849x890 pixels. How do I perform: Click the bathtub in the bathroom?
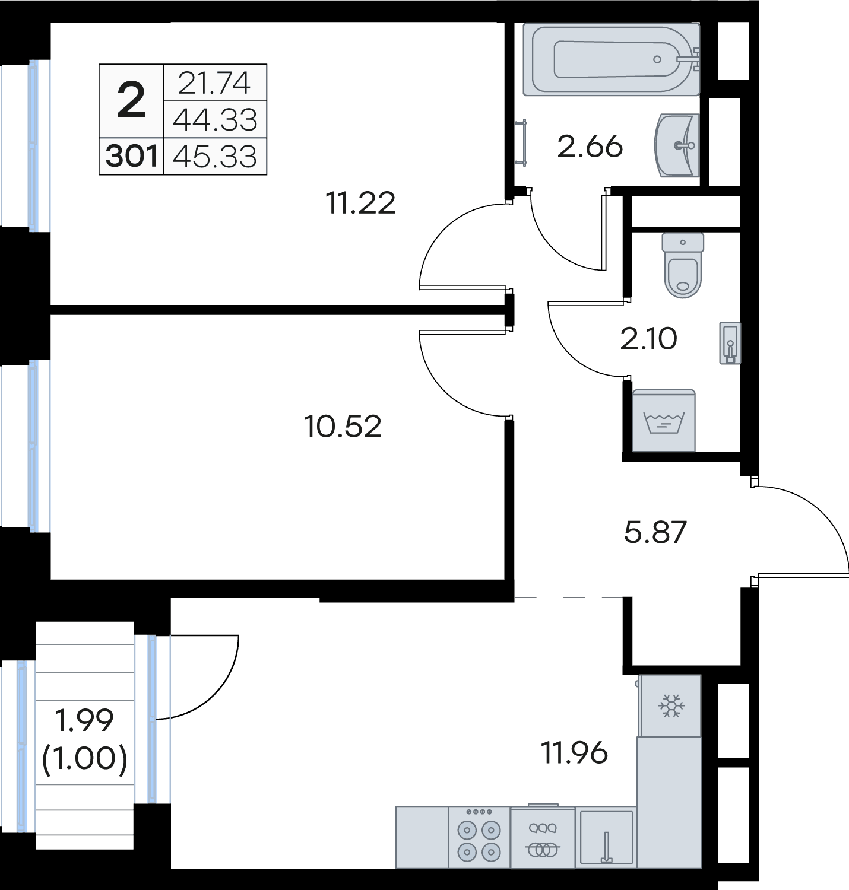click(611, 59)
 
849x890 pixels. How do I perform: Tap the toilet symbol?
click(683, 265)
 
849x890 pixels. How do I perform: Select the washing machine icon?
click(664, 420)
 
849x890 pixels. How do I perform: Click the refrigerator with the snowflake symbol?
click(670, 705)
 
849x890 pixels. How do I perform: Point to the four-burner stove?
click(479, 837)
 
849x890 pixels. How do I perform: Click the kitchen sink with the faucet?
click(606, 837)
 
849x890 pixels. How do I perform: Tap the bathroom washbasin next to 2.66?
click(677, 145)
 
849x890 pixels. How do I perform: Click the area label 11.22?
click(360, 203)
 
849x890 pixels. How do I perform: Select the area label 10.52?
click(343, 427)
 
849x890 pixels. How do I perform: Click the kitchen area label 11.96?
click(575, 753)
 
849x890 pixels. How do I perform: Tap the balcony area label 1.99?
click(84, 720)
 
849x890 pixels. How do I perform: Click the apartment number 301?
click(131, 156)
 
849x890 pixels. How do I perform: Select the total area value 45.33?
click(215, 156)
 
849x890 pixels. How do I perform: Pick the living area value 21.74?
click(214, 83)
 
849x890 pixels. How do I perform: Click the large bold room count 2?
click(131, 100)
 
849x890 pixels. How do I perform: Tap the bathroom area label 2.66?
click(590, 147)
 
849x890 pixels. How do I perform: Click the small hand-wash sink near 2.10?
click(730, 343)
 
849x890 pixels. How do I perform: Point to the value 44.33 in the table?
click(215, 119)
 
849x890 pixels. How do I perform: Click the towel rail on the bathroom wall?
click(524, 142)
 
